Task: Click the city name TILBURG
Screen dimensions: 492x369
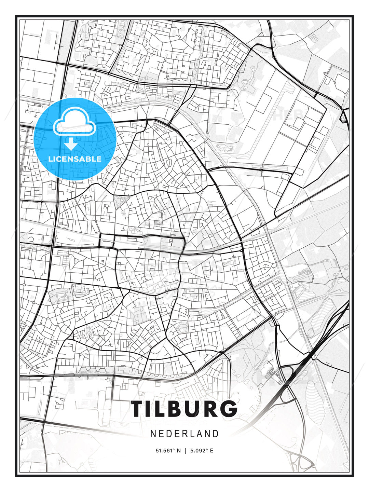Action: click(184, 409)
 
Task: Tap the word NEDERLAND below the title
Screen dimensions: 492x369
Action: click(184, 434)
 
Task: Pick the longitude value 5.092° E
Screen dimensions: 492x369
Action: click(202, 451)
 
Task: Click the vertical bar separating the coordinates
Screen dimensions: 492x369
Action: click(185, 451)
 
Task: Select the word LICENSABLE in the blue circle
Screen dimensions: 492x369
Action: click(75, 159)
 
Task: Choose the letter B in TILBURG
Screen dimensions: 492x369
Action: click(174, 409)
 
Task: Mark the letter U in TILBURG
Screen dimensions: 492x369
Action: click(192, 409)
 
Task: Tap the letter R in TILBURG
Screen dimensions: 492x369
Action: click(209, 409)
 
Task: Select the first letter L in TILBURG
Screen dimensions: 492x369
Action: click(160, 409)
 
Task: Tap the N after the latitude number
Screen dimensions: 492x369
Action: click(178, 451)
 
